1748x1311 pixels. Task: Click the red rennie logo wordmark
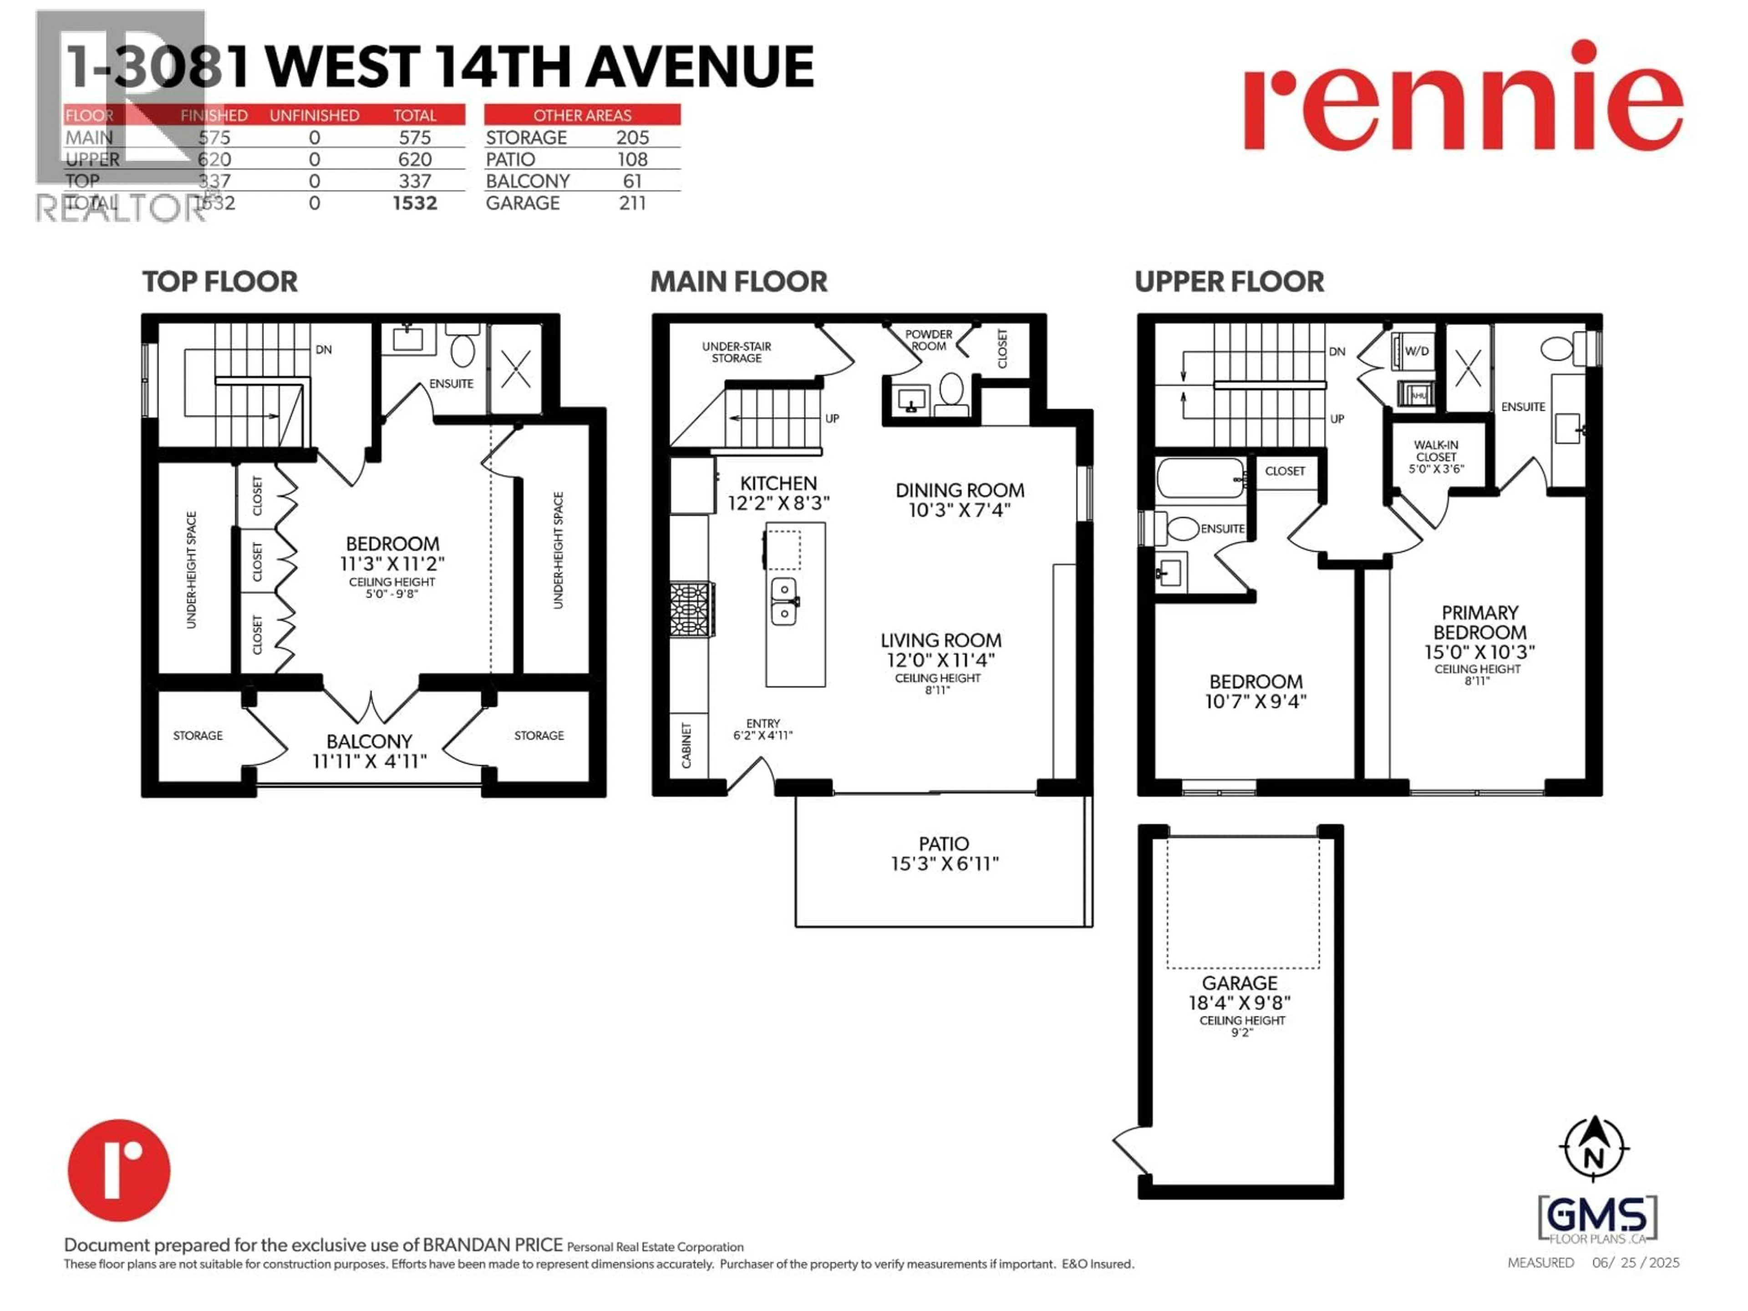click(1463, 98)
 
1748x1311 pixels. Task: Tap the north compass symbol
click(1594, 1148)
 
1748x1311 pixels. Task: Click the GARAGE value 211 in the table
click(632, 203)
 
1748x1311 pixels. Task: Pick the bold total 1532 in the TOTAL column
click(415, 203)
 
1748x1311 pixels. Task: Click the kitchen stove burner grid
click(691, 609)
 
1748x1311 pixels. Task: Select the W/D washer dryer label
click(1416, 351)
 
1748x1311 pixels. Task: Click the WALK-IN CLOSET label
click(1436, 451)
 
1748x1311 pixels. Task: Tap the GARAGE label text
click(1239, 983)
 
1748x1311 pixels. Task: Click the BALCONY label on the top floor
click(369, 741)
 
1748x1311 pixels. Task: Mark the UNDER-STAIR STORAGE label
click(737, 352)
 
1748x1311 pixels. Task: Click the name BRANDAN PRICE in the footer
click(493, 1245)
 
